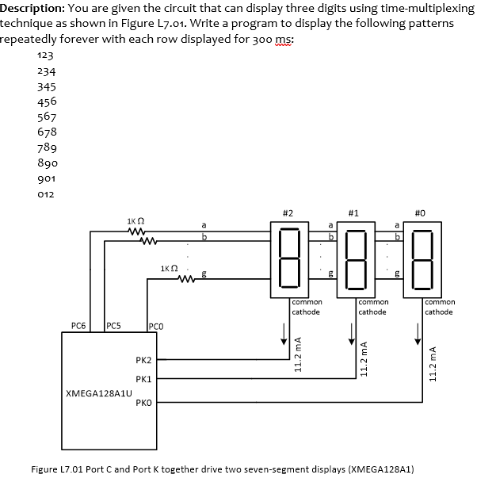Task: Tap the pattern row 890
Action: pyautogui.click(x=46, y=162)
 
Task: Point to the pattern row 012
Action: pyautogui.click(x=46, y=192)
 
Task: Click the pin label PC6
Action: pyautogui.click(x=78, y=325)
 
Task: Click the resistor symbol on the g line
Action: pyautogui.click(x=187, y=278)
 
